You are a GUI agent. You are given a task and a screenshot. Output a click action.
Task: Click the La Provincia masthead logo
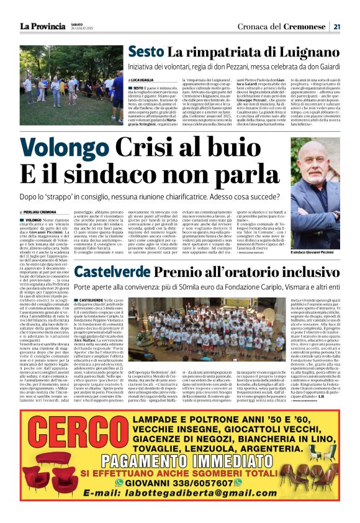(x=43, y=26)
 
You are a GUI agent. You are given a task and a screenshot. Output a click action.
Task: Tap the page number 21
(x=336, y=26)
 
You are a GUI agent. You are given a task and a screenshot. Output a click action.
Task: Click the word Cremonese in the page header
(x=305, y=26)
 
